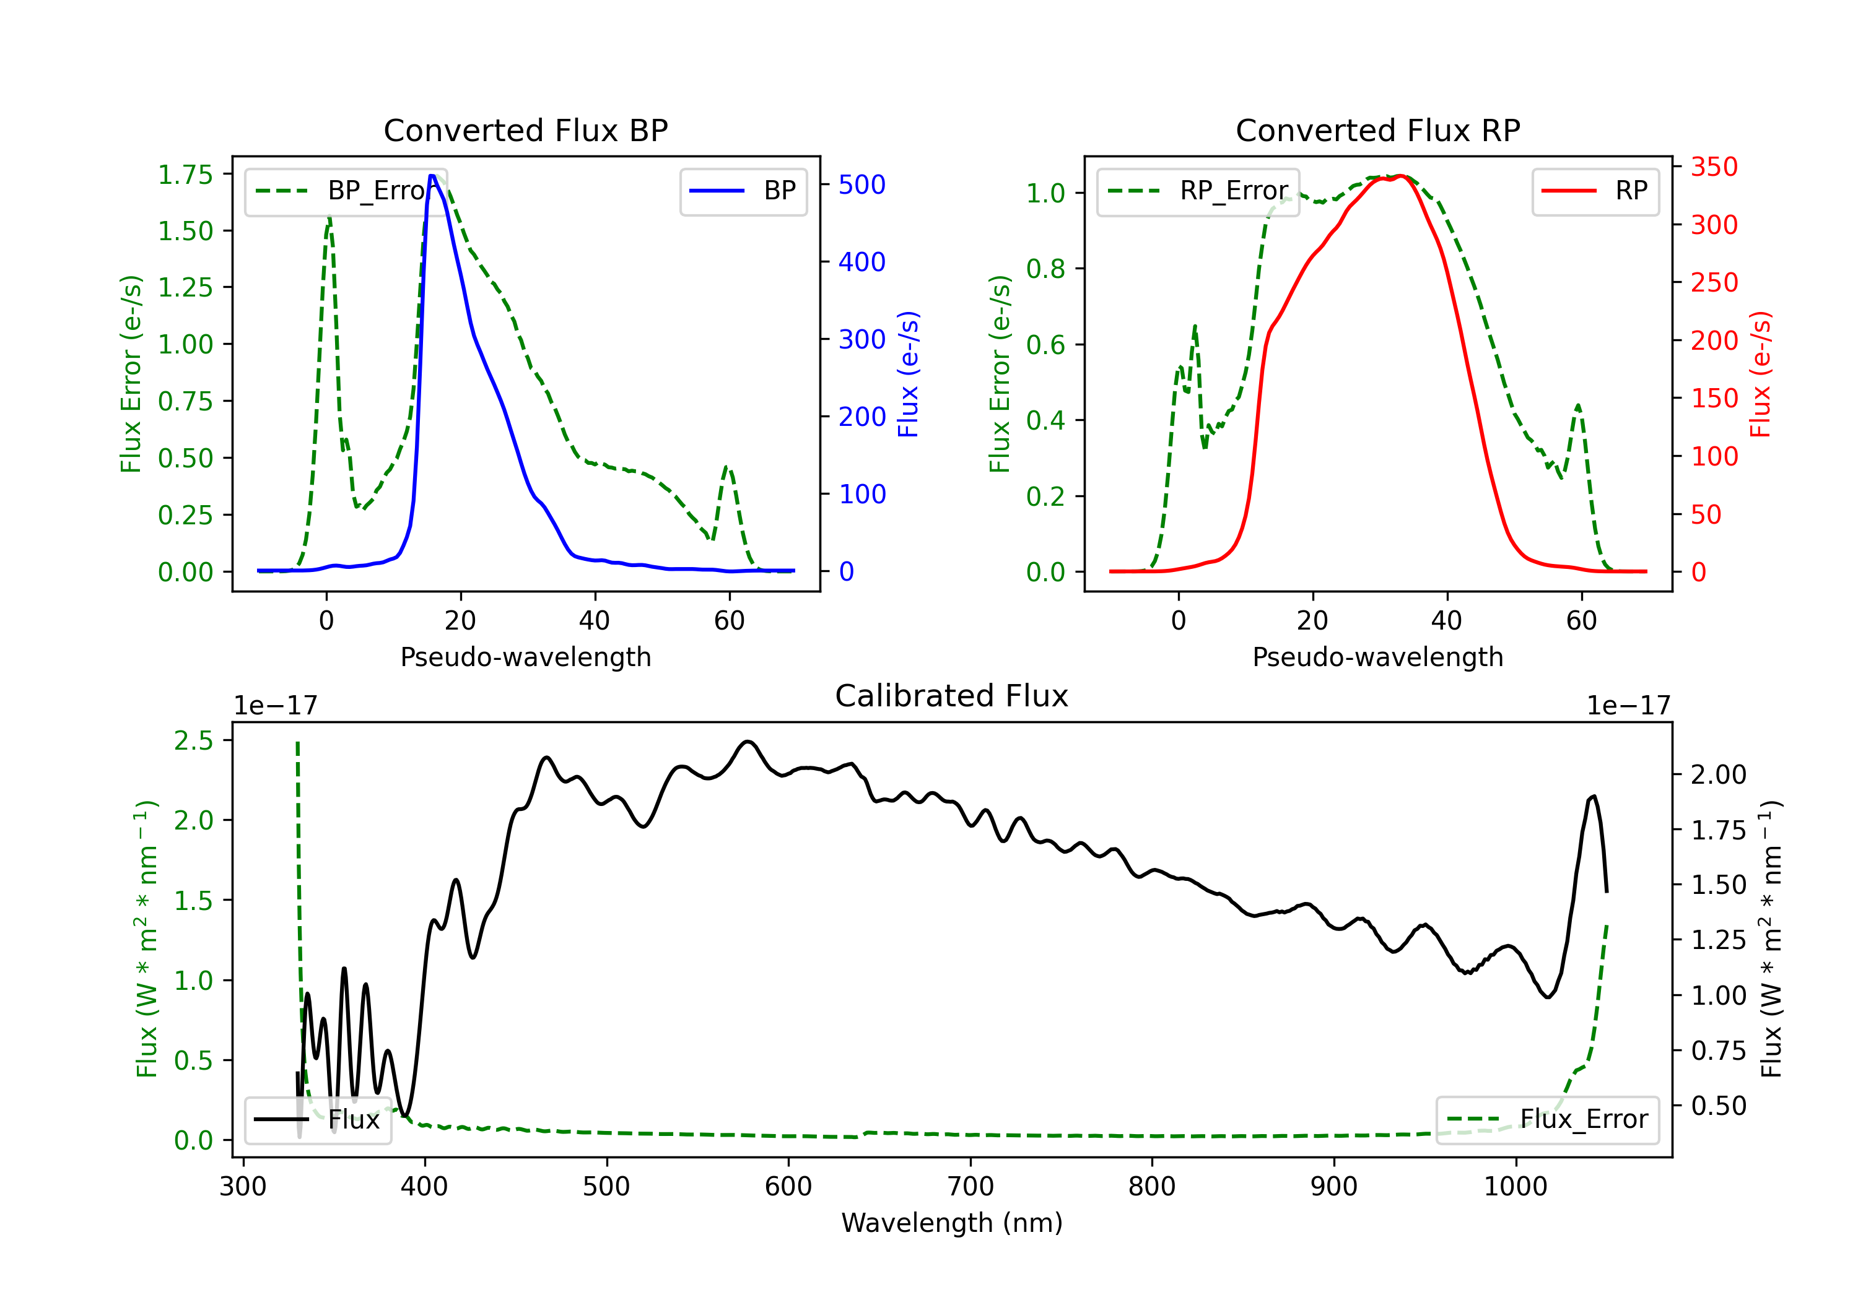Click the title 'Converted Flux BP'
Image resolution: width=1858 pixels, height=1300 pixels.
(x=525, y=130)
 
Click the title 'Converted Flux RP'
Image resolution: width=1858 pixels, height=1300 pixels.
(x=1377, y=130)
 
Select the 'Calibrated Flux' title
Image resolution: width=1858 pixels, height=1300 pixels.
(x=952, y=696)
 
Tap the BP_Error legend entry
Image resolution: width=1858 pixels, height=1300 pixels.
(x=346, y=191)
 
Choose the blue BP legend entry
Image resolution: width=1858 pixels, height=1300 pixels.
(x=743, y=191)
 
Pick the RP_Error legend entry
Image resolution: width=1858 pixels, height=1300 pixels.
(x=1198, y=191)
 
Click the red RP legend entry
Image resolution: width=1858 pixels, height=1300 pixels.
(x=1595, y=191)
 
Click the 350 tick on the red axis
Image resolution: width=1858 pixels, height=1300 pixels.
(x=1714, y=168)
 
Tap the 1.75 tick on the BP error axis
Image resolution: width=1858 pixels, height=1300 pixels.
(x=185, y=175)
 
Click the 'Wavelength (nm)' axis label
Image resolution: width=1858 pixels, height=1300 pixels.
(x=952, y=1223)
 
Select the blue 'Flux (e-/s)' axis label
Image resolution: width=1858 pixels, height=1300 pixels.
(x=909, y=375)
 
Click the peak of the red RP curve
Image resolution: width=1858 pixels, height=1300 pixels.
(x=1401, y=176)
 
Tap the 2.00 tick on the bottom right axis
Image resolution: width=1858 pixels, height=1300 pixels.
(x=1719, y=775)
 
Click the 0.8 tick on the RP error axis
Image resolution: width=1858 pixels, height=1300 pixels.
(x=1045, y=269)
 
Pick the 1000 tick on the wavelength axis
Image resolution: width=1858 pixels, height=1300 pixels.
(x=1516, y=1187)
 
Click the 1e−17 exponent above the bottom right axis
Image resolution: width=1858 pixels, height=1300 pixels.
(x=1628, y=706)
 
